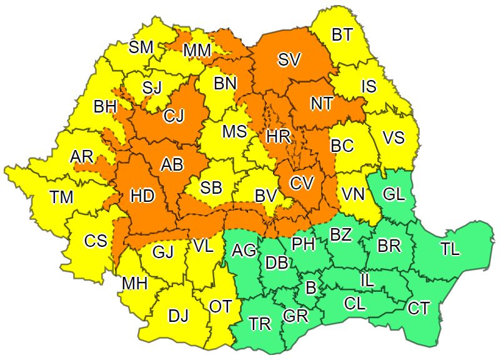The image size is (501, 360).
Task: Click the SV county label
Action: [x=289, y=60]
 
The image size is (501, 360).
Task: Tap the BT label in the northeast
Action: [x=342, y=36]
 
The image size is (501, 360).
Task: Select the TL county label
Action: [x=450, y=249]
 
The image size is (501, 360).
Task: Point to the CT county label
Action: [x=418, y=307]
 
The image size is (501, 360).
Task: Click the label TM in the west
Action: [x=62, y=197]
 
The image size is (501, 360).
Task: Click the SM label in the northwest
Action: [x=141, y=47]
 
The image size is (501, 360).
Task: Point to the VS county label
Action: [x=394, y=137]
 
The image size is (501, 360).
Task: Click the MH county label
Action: [x=134, y=284]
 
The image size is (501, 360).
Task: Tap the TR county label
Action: [x=260, y=324]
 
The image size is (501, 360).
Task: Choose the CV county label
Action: [x=301, y=184]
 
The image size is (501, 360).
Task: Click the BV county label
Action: [x=265, y=196]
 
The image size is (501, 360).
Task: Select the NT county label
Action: [x=321, y=103]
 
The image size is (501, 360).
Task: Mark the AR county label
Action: [x=81, y=156]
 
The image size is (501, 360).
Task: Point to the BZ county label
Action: [x=340, y=236]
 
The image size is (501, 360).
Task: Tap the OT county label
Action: [x=221, y=307]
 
